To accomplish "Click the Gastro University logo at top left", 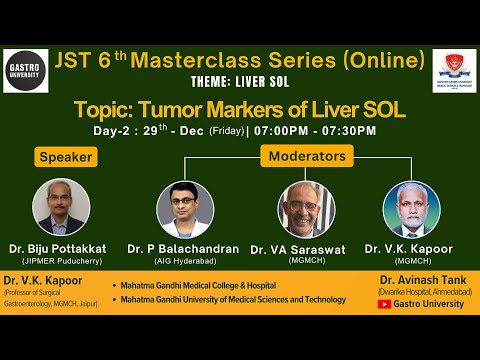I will click(x=25, y=70).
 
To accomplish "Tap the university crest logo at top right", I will click(x=453, y=72).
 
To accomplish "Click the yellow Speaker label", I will click(x=67, y=156).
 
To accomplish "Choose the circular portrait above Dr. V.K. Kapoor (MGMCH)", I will click(x=412, y=209).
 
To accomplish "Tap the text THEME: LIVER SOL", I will click(x=239, y=83).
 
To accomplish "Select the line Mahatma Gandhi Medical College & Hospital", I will click(x=201, y=285).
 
